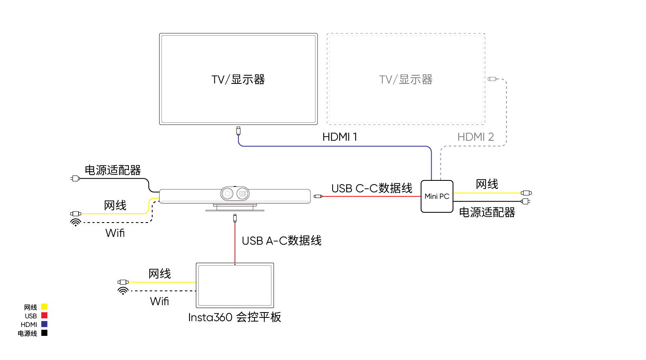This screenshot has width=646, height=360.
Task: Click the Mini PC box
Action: tap(437, 196)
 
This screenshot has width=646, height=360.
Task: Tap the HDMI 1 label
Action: tap(340, 137)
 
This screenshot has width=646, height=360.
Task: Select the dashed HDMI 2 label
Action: tap(475, 137)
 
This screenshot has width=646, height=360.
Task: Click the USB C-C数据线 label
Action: tap(371, 188)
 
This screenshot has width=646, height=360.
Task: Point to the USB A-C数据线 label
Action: tap(281, 241)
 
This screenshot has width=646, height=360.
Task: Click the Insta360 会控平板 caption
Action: tap(234, 317)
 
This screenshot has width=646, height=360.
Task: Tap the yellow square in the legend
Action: tap(44, 307)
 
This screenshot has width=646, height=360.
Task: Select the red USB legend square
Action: tap(44, 315)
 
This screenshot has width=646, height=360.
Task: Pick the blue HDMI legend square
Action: tap(44, 324)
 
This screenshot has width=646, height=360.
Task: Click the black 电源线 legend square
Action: tap(44, 333)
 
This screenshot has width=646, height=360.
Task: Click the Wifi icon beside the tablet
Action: tap(123, 291)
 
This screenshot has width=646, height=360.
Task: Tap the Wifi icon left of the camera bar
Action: tap(75, 223)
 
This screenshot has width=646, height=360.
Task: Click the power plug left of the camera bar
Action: tap(75, 178)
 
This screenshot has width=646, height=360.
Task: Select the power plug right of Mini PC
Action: tap(526, 201)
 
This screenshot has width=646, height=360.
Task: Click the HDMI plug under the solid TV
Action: tap(238, 131)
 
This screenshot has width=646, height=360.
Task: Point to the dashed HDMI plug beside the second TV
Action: tap(492, 79)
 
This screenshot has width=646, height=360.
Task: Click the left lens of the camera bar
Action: tap(227, 193)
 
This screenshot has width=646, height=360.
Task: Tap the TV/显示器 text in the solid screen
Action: tap(238, 79)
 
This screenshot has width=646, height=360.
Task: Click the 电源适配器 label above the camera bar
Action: tap(113, 170)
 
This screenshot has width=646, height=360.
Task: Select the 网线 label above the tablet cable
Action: tap(160, 274)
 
